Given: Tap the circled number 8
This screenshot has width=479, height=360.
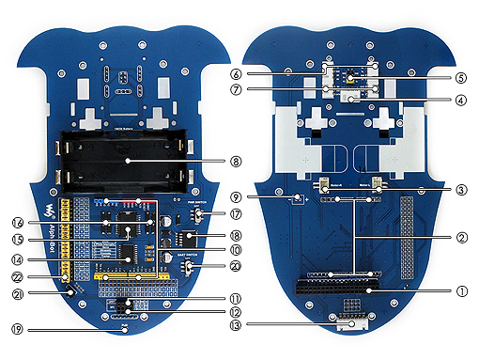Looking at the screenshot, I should pos(235,161).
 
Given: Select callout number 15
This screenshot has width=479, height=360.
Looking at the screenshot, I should pos(18,241).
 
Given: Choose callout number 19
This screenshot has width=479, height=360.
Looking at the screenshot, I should pos(18,329).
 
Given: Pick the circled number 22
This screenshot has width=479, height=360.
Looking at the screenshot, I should pos(18,276).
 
